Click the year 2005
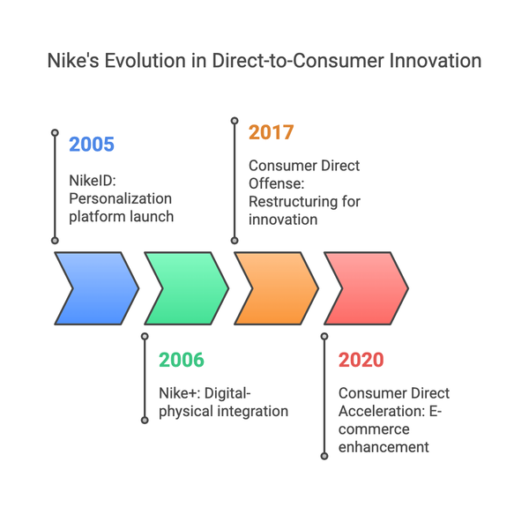(x=92, y=145)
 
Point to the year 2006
(x=182, y=360)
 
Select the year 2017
(x=272, y=133)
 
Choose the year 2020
(x=361, y=360)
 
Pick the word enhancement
(x=384, y=447)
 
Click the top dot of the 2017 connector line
(x=235, y=119)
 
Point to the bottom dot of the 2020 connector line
(x=324, y=456)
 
